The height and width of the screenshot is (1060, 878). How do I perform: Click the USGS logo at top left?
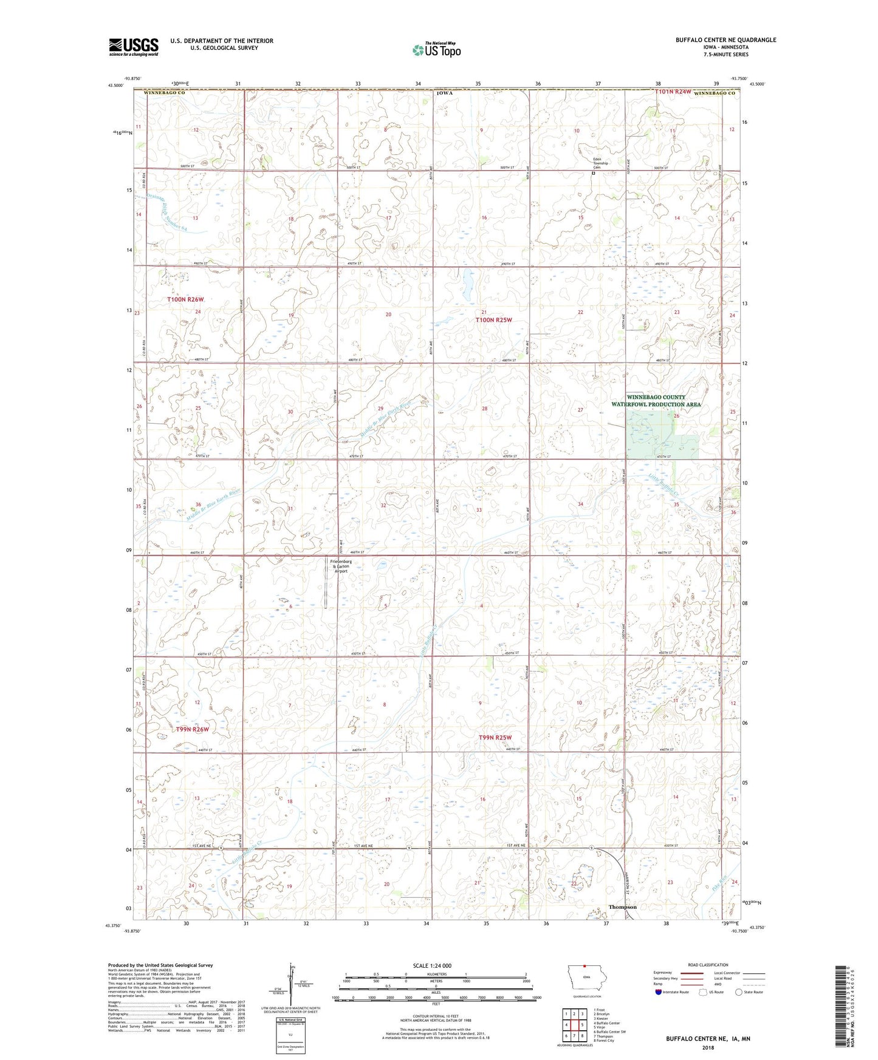[x=134, y=47]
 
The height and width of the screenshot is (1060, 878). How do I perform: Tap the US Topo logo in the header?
[x=436, y=50]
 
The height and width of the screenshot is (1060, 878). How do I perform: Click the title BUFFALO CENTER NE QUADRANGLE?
[x=725, y=40]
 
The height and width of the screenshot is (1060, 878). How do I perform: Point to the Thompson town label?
[x=622, y=907]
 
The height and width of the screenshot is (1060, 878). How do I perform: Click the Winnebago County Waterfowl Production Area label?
[x=656, y=401]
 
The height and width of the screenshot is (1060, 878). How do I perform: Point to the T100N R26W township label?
[x=186, y=299]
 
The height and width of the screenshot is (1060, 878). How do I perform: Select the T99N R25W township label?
[x=495, y=738]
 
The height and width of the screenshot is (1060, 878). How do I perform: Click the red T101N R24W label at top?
[x=673, y=92]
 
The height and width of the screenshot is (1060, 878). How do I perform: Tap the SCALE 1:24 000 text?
[x=432, y=966]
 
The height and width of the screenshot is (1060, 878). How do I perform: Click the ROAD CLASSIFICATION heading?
[x=708, y=965]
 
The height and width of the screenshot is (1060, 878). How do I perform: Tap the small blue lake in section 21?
[x=467, y=284]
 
